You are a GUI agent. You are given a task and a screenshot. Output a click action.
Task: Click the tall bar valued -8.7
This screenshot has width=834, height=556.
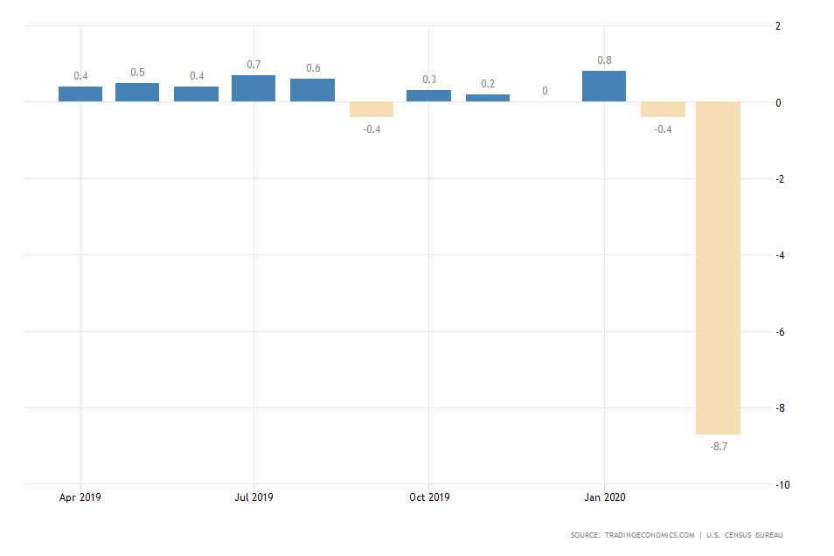(x=718, y=268)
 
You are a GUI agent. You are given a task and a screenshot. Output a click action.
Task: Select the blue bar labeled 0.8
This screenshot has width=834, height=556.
(x=604, y=87)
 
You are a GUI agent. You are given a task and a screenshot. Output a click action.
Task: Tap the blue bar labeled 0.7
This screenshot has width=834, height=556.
(x=254, y=88)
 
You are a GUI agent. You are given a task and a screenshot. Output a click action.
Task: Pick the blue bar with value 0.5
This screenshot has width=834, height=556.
(x=137, y=93)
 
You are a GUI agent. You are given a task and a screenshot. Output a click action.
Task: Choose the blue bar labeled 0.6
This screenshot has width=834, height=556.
(x=312, y=90)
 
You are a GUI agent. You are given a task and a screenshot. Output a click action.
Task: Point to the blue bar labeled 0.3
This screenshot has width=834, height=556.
(x=428, y=96)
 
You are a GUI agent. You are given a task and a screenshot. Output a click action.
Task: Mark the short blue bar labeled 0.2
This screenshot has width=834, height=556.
(x=488, y=98)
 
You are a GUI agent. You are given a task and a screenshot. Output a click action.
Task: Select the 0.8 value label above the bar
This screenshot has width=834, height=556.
(x=604, y=60)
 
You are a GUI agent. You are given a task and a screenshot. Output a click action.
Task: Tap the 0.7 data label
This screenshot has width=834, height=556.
(x=254, y=65)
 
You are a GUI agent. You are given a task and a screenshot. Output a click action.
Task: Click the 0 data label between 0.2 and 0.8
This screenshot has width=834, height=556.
(x=546, y=90)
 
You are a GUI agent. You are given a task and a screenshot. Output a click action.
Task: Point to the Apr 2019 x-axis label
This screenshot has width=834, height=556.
(x=80, y=497)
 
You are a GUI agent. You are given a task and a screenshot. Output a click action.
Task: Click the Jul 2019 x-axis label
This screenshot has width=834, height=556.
(x=254, y=497)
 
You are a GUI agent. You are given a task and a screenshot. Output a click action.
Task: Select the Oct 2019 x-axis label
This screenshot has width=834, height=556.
(x=429, y=497)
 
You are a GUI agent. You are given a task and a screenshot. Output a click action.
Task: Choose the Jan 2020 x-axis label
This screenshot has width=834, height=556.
(x=604, y=497)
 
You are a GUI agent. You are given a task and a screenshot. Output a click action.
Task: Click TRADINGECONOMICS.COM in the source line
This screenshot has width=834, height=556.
(x=649, y=535)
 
